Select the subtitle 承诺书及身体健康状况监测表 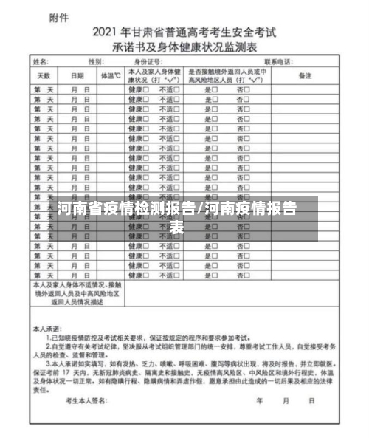pos(184,46)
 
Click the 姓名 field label pos(42,62)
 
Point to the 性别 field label pos(96,62)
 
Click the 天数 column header pos(44,75)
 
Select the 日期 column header pos(77,75)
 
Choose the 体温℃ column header pos(110,75)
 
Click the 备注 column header pos(305,75)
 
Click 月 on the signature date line pos(285,402)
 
